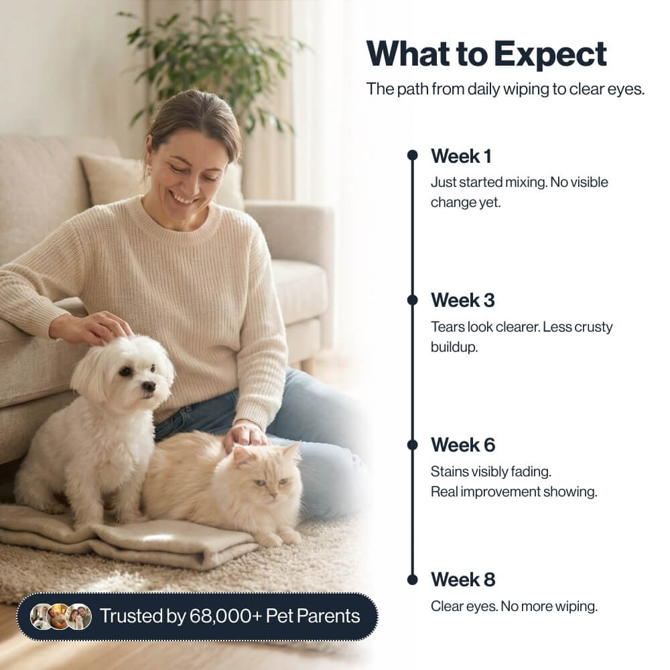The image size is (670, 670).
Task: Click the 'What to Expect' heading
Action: (x=486, y=54)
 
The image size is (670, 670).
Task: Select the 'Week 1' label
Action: (x=461, y=156)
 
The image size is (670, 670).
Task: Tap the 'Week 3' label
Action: (x=462, y=300)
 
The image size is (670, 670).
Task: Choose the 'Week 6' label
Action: (x=462, y=445)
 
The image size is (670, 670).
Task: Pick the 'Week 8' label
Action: (x=462, y=580)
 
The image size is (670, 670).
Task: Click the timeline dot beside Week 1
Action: (x=413, y=155)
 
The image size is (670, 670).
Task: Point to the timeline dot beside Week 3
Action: (x=413, y=300)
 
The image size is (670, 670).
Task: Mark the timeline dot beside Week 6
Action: (x=413, y=444)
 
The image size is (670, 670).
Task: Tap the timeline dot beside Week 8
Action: (x=413, y=579)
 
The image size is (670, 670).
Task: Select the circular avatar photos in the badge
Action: (x=60, y=616)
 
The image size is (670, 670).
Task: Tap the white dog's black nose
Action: (x=149, y=387)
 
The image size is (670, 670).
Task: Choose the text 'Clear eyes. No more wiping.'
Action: (x=513, y=607)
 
